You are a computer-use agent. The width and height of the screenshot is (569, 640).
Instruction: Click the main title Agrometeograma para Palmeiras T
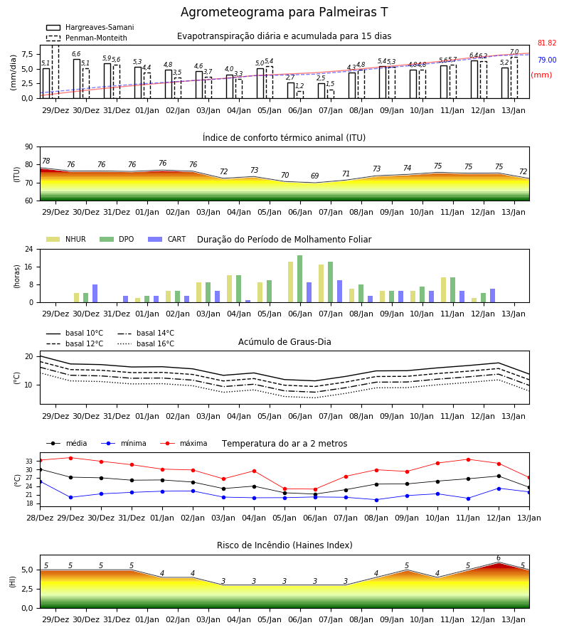point(284,12)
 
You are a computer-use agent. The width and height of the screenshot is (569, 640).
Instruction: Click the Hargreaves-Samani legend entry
point(90,27)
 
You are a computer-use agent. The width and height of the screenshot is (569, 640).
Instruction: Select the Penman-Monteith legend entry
point(87,38)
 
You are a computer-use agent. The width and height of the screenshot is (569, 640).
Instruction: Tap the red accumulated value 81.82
point(547,43)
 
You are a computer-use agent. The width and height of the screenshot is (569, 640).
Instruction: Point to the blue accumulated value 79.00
point(547,60)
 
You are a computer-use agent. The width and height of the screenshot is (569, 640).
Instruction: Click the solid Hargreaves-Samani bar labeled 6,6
point(77,79)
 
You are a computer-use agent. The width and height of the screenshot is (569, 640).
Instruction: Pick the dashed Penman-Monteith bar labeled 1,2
point(300,95)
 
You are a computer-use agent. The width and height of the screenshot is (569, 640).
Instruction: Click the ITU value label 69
point(314,176)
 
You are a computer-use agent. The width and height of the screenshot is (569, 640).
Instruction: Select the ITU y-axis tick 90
point(29,147)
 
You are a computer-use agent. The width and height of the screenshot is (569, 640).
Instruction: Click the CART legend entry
point(167,239)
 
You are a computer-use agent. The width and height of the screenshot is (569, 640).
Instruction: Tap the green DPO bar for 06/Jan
point(300,279)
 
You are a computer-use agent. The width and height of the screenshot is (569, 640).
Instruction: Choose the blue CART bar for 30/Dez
point(95,294)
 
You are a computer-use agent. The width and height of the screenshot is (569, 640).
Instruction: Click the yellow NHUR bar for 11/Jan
point(444,290)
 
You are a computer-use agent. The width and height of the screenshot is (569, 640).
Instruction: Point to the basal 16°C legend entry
point(146,343)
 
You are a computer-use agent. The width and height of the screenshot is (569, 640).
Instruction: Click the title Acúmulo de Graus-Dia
point(284,341)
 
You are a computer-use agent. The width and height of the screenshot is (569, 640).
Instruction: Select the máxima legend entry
point(184,443)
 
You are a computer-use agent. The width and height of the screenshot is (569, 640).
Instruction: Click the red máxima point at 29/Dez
point(70,458)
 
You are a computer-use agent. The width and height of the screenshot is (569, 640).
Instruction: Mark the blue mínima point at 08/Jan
point(376,500)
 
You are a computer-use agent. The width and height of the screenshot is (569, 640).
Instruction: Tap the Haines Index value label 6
point(499,558)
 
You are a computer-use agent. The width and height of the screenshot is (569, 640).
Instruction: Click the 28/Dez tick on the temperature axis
point(40,518)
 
